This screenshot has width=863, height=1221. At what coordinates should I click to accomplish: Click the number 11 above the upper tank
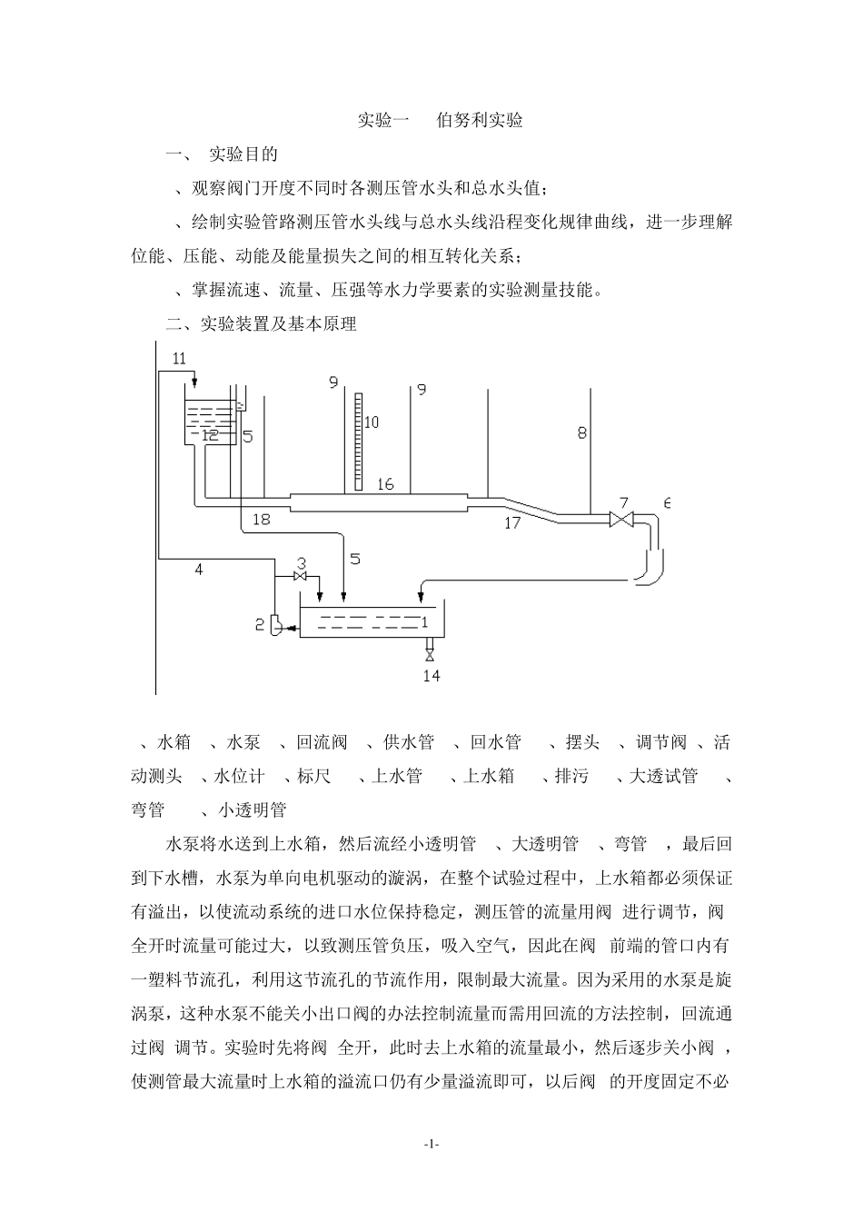click(179, 359)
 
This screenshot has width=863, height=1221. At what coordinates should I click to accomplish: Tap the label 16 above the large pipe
click(386, 484)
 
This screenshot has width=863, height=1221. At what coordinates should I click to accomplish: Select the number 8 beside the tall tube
click(582, 434)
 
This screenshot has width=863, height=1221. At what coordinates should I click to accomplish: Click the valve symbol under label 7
click(622, 520)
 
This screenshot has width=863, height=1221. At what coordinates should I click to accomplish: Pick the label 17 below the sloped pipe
click(512, 522)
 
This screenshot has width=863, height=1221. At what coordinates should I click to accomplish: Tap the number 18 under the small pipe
click(262, 520)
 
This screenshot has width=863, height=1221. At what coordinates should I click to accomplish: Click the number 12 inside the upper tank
click(211, 435)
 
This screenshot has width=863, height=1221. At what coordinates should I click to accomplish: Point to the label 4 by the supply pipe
click(198, 570)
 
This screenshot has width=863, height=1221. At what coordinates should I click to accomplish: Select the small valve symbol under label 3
click(300, 578)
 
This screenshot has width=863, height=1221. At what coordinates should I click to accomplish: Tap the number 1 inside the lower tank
click(424, 622)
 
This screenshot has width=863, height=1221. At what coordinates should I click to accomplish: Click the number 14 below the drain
click(431, 676)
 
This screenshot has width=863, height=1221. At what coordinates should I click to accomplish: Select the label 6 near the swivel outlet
click(668, 502)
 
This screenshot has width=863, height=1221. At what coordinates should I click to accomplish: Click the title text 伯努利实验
click(480, 120)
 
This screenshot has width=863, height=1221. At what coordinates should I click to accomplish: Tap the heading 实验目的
click(243, 154)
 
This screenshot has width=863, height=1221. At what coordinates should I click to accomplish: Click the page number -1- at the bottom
click(431, 1145)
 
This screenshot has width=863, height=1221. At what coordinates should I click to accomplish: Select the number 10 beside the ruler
click(372, 422)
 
